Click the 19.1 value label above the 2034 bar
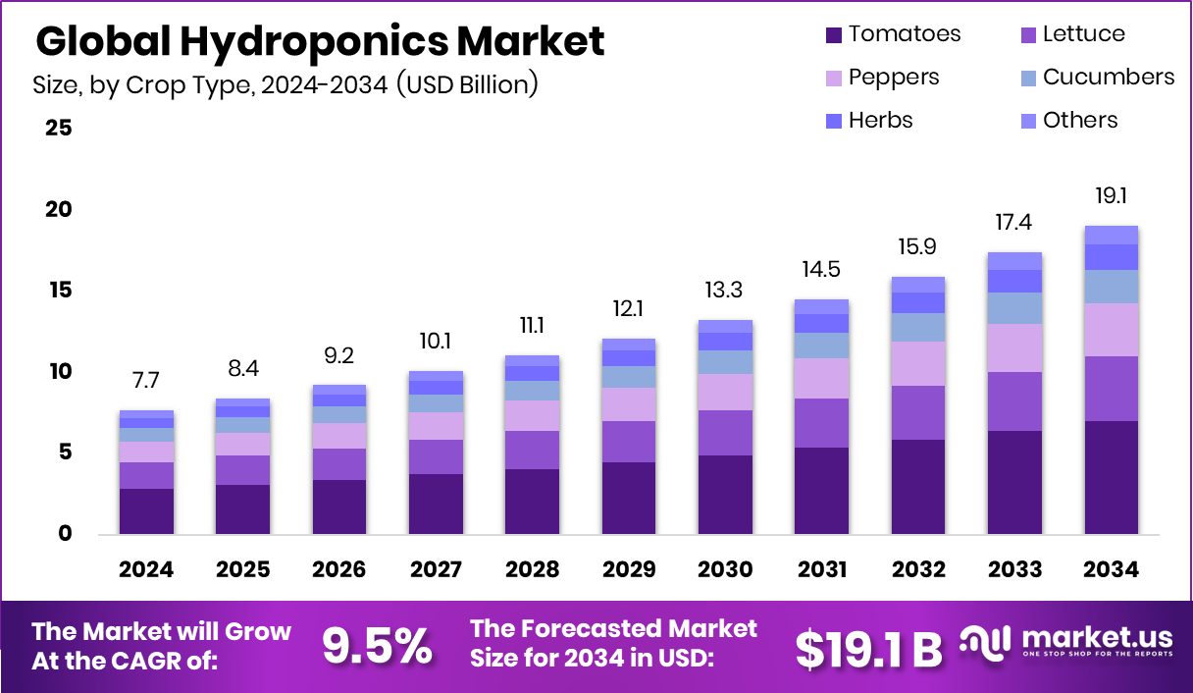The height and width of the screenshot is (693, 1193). coord(1111,196)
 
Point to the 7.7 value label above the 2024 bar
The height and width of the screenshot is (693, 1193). coord(146,381)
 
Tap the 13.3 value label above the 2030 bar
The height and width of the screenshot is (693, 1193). coord(725,290)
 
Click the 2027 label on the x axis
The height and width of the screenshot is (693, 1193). coord(436,569)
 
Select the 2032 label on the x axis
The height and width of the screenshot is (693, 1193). coord(918,569)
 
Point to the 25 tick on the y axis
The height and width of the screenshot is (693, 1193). coord(58,128)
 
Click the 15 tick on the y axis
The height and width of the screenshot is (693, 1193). coord(58,291)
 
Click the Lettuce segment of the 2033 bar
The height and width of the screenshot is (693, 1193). coord(1014,401)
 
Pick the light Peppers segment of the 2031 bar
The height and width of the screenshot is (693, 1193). coord(821,378)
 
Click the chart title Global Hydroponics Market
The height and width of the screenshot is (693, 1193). coord(320,42)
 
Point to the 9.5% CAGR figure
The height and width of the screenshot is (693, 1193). coord(377,646)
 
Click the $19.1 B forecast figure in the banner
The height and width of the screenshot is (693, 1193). coord(868,647)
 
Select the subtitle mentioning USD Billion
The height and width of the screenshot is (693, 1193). coord(285,85)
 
